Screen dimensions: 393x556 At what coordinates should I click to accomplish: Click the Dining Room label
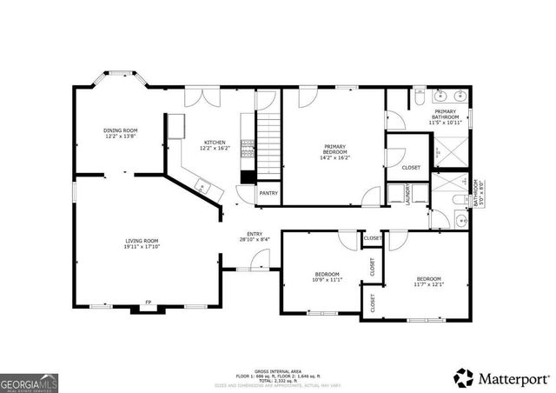point(122,130)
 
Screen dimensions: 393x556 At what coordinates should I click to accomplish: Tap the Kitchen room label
point(215,143)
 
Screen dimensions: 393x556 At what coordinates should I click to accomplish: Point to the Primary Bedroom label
point(335,146)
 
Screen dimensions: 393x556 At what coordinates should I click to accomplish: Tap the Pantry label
point(268,193)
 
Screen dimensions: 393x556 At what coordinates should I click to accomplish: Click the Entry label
point(254,234)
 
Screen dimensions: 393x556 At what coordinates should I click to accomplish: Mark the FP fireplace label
point(148,302)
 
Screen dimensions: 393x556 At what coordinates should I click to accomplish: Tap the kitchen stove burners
point(248,149)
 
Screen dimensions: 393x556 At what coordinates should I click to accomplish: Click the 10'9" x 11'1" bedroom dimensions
point(327,280)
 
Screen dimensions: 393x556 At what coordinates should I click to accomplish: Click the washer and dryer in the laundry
point(401,193)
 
